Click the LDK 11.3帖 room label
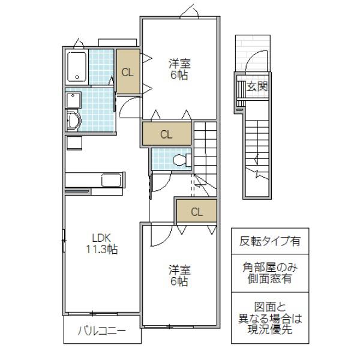[x=102, y=244]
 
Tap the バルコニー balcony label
[x=102, y=331]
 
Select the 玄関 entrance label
[x=257, y=86]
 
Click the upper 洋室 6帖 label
[x=179, y=70]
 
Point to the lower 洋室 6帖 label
[x=179, y=275]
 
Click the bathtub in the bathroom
[x=77, y=67]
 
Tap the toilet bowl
[x=181, y=160]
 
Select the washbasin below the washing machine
[x=73, y=120]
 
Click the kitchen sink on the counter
[x=112, y=180]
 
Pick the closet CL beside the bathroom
[x=128, y=71]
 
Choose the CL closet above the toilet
[x=167, y=134]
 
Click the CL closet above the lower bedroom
[x=197, y=211]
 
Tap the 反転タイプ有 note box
[x=270, y=241]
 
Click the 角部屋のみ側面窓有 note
[x=270, y=273]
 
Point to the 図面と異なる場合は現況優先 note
[x=270, y=318]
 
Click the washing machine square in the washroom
[x=73, y=100]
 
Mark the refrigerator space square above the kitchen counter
[x=74, y=143]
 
